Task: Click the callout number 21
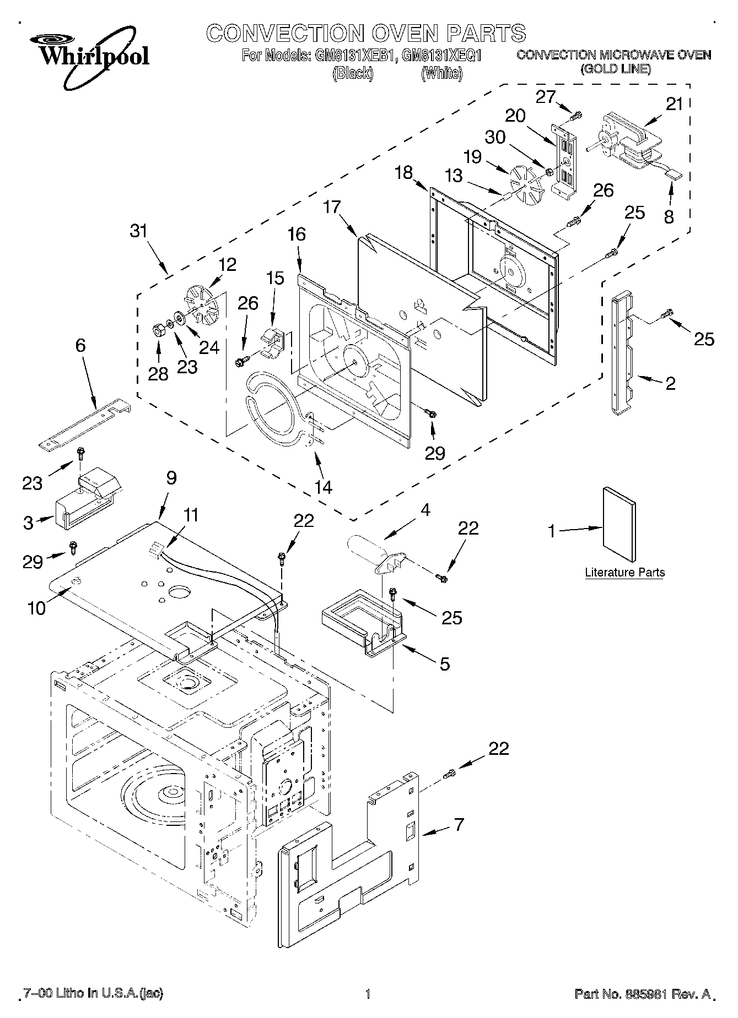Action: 674,104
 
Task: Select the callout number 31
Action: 139,231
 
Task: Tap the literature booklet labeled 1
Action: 619,519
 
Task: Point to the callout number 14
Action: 324,487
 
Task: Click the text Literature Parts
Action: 624,572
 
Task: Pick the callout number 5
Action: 444,663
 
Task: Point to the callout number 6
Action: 80,346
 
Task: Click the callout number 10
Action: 37,609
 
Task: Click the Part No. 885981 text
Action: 643,994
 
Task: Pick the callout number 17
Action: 332,207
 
